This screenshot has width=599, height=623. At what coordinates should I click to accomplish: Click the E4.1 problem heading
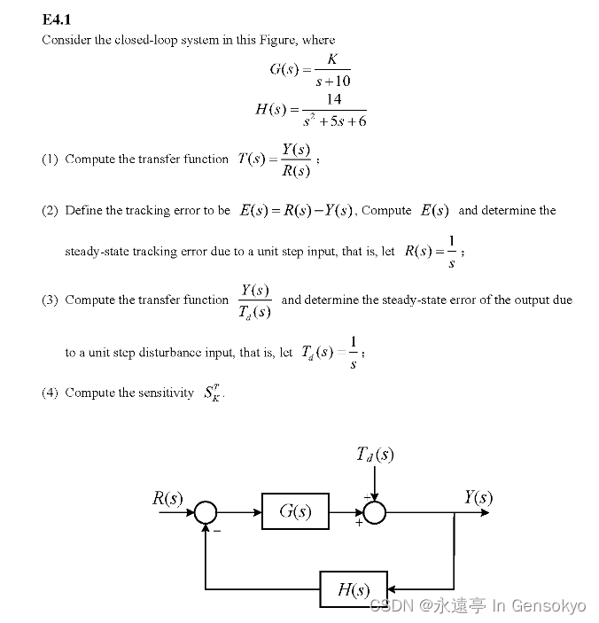click(56, 19)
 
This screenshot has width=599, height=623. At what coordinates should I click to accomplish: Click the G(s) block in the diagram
click(295, 511)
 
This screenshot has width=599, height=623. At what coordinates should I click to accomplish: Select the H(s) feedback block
click(353, 589)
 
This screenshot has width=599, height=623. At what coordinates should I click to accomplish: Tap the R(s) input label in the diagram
click(167, 498)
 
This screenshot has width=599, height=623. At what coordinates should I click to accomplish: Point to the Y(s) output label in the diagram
click(478, 497)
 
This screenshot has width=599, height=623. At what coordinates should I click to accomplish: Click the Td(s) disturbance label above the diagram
click(375, 455)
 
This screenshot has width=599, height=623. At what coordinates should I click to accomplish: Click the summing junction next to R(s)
click(206, 512)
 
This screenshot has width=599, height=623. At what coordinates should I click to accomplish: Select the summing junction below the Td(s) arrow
click(375, 512)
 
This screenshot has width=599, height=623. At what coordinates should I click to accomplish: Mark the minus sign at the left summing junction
click(215, 532)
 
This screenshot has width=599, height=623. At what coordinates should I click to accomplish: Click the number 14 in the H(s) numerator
click(334, 99)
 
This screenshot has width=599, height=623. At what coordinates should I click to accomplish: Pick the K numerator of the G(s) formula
click(331, 59)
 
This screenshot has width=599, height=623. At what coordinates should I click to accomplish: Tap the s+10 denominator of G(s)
click(333, 82)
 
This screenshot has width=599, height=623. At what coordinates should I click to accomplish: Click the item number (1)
click(50, 160)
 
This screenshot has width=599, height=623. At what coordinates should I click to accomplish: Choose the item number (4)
click(50, 393)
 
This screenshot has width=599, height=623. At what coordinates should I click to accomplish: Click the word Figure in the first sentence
click(278, 40)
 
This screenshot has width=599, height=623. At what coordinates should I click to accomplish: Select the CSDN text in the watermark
click(386, 606)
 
